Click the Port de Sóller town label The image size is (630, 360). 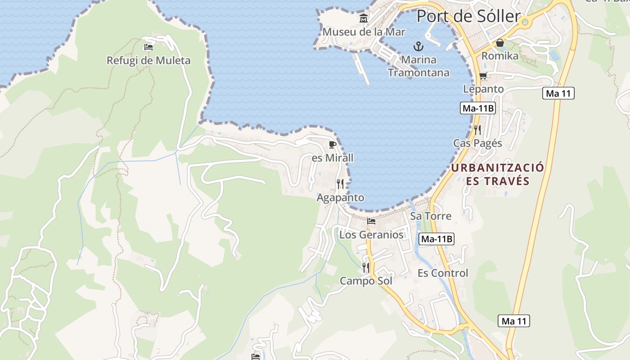pos(468,16)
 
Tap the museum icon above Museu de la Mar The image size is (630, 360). pos(364,18)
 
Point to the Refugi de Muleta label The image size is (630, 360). pos(148,60)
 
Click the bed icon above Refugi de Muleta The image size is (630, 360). pos(148,47)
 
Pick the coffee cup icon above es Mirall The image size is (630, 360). pos(333,144)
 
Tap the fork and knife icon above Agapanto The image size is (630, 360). pos(340,184)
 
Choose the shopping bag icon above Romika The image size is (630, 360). pos(499,43)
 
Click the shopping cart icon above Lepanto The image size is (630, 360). pos(483,76)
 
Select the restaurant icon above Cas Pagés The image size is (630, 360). pos(477,130)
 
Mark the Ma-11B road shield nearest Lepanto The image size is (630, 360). pos(478,108)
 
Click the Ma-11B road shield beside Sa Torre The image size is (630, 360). pos(436,239)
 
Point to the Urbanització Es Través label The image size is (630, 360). pos(497,174)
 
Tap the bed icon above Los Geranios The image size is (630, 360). pos(371,221)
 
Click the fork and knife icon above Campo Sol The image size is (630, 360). pos(366,268)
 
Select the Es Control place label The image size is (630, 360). pos(443,273)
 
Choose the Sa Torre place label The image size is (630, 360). pos(431,216)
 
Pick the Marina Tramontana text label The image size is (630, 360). pos(418,66)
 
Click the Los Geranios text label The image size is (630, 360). pos(371,235)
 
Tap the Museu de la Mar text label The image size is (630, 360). pos(364,32)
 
